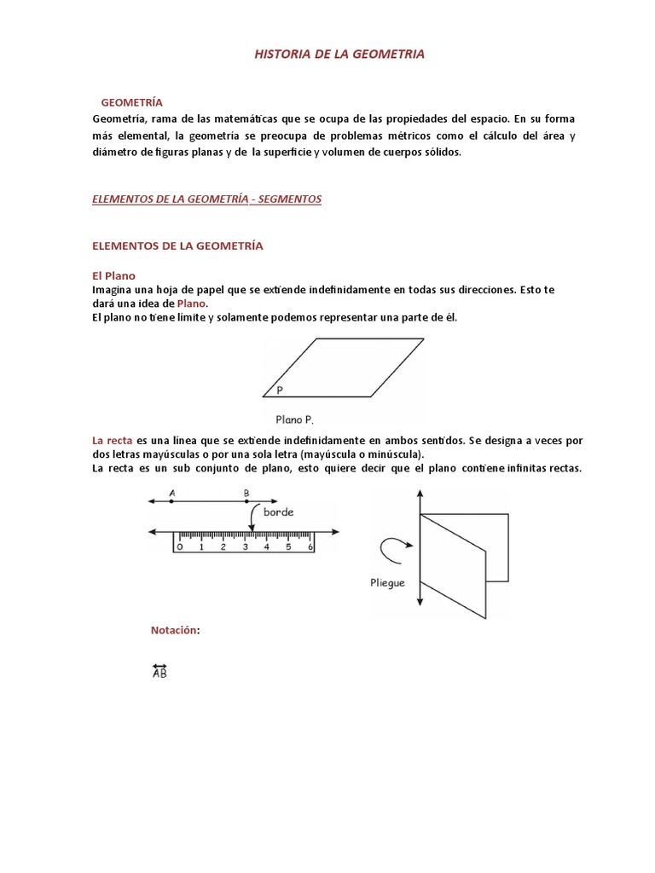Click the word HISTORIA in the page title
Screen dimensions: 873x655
(283, 54)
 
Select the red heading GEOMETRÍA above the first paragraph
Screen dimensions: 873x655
(131, 102)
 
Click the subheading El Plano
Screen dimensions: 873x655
(113, 275)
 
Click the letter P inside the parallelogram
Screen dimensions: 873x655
(280, 390)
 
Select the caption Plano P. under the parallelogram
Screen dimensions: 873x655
(295, 419)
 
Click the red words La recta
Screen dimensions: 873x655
(112, 441)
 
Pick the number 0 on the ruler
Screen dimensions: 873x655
(179, 546)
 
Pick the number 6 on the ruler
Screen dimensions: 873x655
(310, 546)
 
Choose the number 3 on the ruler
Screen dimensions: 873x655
(245, 546)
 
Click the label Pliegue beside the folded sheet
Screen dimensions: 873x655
(387, 583)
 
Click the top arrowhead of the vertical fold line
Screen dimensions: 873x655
(420, 494)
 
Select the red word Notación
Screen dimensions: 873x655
(175, 630)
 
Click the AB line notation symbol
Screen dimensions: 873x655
(159, 673)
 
